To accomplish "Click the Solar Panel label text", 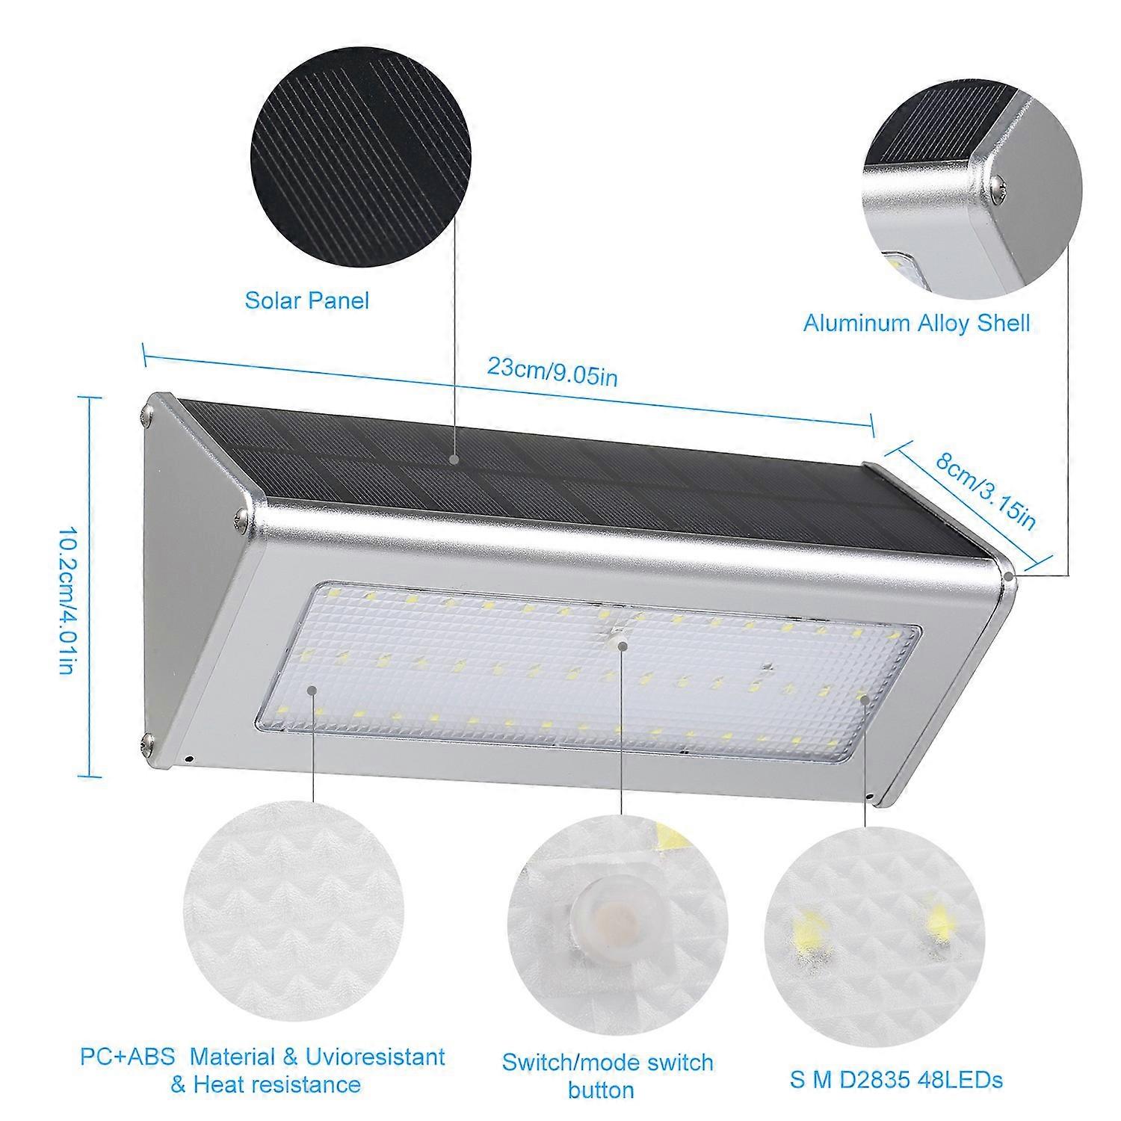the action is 307,300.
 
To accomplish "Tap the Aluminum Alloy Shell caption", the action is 916,323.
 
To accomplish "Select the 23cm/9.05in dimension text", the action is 552,371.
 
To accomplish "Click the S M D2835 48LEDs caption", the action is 897,1079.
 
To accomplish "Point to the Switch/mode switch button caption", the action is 607,1075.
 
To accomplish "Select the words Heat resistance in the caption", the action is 277,1084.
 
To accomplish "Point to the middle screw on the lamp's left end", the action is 241,516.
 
